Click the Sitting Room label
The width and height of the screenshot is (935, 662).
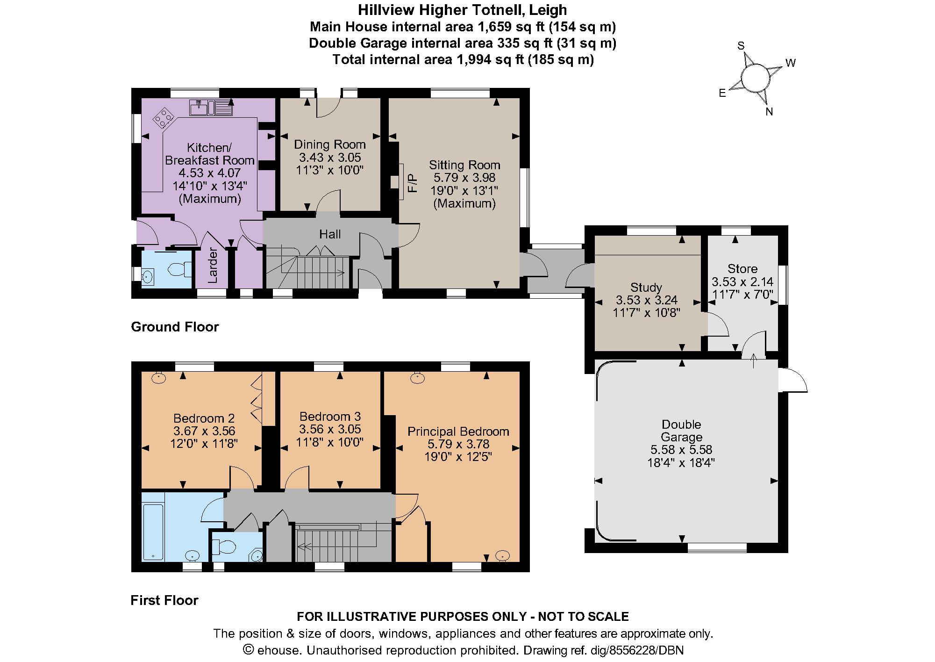(x=464, y=165)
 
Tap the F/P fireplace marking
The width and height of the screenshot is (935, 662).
(x=412, y=183)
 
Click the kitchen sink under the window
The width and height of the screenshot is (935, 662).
(x=211, y=108)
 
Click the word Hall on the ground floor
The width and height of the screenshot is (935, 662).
(x=330, y=234)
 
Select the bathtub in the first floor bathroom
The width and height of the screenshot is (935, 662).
(x=153, y=531)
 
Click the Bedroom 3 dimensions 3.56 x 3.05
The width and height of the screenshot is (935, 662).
(x=330, y=429)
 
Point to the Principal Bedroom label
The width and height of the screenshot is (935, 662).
(x=458, y=432)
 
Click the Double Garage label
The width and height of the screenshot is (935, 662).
(x=681, y=431)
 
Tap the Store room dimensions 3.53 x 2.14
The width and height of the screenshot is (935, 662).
(x=742, y=282)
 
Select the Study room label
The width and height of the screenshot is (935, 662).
(x=646, y=287)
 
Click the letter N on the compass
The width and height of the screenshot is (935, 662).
(x=769, y=112)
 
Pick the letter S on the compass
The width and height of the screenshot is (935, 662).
(x=741, y=45)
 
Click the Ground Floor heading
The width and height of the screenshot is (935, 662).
(x=175, y=327)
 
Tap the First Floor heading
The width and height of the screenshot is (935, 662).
(x=164, y=600)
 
